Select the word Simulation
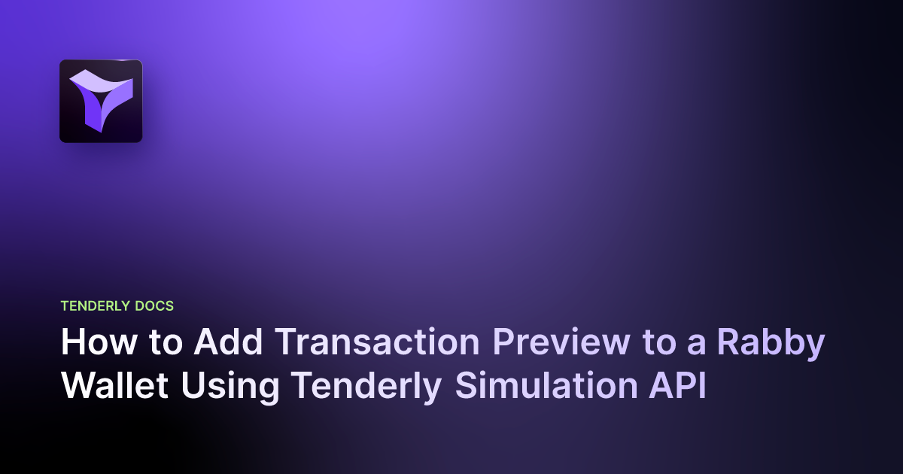click(x=537, y=385)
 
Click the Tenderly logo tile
click(x=101, y=101)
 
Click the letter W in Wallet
click(x=76, y=385)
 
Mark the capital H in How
click(x=72, y=343)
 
